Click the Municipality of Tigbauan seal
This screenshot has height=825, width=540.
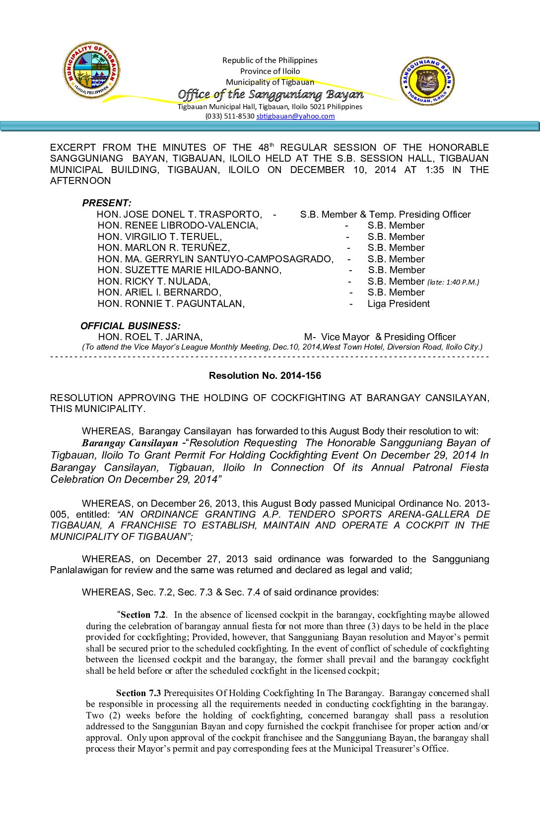(92, 70)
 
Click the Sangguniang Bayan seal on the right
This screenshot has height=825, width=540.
(427, 81)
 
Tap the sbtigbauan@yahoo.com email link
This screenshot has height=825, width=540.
(295, 117)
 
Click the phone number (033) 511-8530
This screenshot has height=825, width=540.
(230, 117)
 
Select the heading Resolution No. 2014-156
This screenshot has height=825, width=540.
(265, 376)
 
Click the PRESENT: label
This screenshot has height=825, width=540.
(107, 203)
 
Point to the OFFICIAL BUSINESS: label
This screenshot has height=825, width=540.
(131, 326)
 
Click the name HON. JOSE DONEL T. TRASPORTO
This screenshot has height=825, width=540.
(179, 215)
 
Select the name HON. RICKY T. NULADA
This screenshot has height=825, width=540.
(154, 282)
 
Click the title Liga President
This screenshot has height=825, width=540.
(399, 304)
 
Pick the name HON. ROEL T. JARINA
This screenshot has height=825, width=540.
(150, 337)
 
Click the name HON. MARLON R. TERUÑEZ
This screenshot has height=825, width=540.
(164, 248)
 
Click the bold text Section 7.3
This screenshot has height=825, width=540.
(138, 693)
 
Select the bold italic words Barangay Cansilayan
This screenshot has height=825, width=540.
(130, 443)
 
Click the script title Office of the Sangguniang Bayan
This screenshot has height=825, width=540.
(270, 95)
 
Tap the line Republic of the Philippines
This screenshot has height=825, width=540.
(270, 60)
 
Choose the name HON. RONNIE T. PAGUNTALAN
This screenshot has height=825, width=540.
(171, 304)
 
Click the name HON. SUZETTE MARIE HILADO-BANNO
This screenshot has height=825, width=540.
(190, 270)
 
